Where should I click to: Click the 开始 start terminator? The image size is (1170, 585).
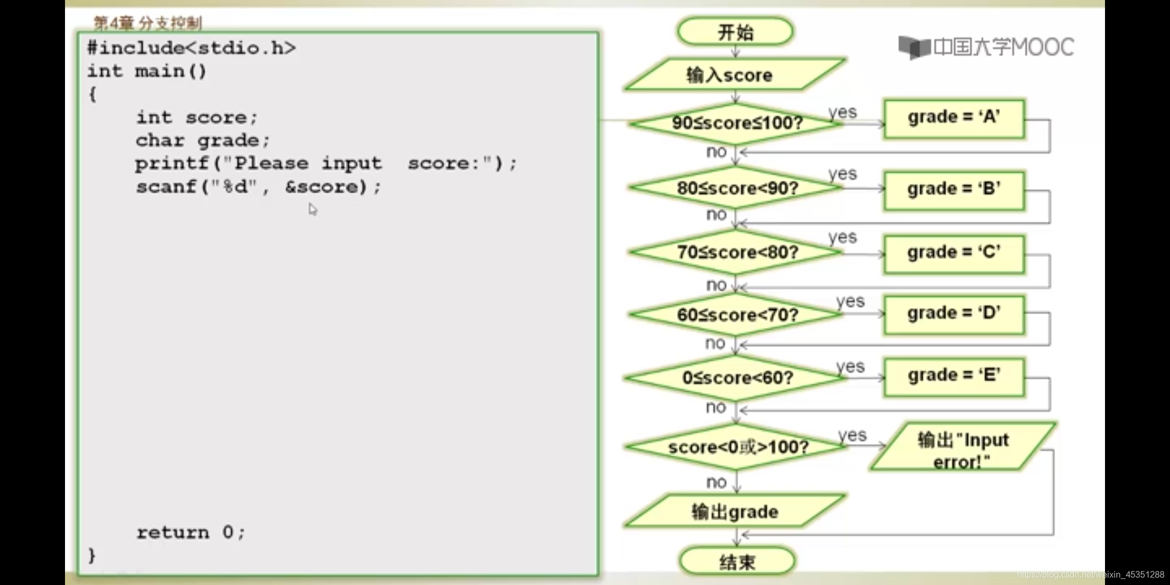pos(735,32)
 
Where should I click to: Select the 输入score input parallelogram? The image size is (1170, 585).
pos(734,74)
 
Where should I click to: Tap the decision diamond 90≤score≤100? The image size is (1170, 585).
pos(737,123)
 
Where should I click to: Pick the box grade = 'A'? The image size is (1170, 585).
pos(954,118)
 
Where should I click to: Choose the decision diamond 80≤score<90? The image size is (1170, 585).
pos(737,188)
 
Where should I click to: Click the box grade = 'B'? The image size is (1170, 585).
pos(954,190)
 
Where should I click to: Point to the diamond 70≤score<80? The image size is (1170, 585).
pos(737,252)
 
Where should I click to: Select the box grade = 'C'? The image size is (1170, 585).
pos(954,253)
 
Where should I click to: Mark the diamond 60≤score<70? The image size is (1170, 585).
pos(737,315)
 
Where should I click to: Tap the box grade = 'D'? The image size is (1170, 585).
pos(954,314)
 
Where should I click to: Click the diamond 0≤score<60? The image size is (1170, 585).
pos(737,378)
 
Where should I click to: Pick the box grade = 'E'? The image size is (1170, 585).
pos(954,376)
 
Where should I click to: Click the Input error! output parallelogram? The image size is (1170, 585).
pos(963,449)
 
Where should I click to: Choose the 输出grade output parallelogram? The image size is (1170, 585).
pos(734,511)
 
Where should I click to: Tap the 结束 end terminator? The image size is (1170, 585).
pos(737,562)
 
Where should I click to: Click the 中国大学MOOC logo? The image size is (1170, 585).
pos(986,48)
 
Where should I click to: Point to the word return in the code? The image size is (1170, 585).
pos(173,532)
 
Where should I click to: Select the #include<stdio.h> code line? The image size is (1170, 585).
pos(191,48)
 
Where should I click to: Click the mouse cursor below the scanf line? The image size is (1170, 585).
pos(313,209)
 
